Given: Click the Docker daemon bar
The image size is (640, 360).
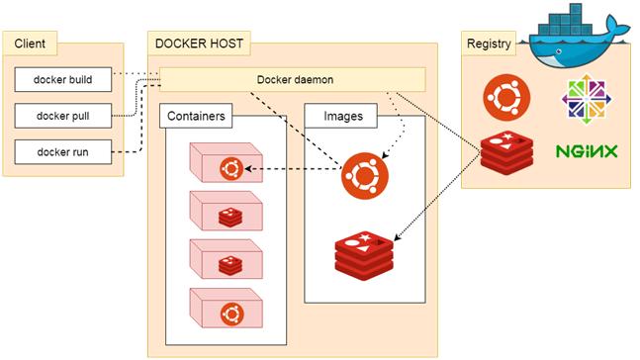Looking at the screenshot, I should (293, 79).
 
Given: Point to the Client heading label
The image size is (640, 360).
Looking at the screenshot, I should (30, 44).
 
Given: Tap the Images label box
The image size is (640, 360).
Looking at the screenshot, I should (343, 117).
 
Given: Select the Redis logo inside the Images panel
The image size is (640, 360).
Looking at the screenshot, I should (365, 253).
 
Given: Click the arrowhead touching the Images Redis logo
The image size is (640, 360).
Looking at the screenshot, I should (396, 237).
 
